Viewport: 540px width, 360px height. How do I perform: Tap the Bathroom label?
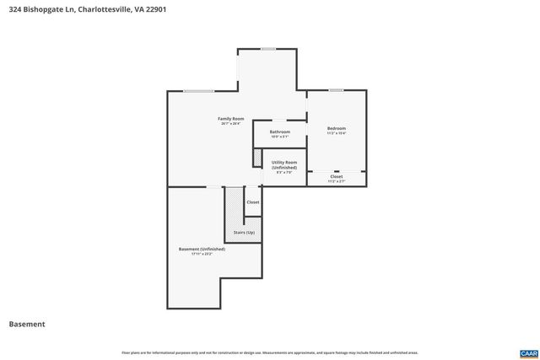(x=279, y=132)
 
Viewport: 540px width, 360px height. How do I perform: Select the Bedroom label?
(x=337, y=128)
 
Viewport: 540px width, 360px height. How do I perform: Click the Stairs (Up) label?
(x=244, y=232)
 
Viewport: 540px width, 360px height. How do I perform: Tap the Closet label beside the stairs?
(x=253, y=202)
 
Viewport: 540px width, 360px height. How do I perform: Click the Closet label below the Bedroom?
(x=336, y=176)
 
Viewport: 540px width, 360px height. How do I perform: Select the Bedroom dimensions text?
(x=337, y=133)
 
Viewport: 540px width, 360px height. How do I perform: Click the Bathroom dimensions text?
(x=279, y=137)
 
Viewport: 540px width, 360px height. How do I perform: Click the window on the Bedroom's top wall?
(x=336, y=90)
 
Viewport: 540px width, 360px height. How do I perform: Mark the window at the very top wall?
(x=267, y=49)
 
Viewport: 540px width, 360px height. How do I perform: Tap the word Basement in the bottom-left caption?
(x=27, y=324)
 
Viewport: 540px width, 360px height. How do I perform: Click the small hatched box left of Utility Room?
(x=257, y=157)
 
